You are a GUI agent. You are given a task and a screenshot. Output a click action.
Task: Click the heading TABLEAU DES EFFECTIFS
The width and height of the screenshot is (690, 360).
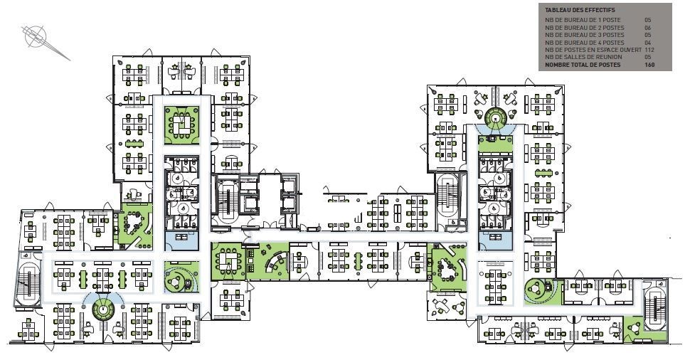click(573, 10)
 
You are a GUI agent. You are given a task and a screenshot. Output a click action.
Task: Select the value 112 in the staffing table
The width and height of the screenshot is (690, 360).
click(649, 50)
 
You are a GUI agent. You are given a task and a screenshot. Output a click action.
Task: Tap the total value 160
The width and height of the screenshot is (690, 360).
click(649, 65)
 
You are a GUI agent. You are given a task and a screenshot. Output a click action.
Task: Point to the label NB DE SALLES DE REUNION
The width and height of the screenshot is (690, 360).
click(583, 57)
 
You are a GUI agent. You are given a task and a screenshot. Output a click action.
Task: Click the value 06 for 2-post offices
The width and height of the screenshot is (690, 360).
click(647, 28)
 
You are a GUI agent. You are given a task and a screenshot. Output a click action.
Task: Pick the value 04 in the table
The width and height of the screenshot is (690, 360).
click(647, 43)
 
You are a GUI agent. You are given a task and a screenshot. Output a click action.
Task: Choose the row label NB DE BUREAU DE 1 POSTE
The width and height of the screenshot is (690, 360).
click(582, 20)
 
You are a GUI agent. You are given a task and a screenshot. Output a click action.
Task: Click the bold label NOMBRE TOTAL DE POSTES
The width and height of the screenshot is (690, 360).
click(583, 65)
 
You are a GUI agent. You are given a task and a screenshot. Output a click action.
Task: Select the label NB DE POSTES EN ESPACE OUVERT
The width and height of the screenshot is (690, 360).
click(593, 50)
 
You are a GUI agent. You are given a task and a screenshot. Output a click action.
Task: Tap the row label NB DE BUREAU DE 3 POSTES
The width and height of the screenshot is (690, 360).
click(584, 35)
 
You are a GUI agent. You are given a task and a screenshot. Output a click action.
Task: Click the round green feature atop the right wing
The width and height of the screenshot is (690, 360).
click(496, 117)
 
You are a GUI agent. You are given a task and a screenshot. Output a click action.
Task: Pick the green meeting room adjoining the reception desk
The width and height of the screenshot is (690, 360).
click(227, 261)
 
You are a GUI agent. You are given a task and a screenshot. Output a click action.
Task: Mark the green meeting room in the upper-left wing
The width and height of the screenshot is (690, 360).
click(181, 125)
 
